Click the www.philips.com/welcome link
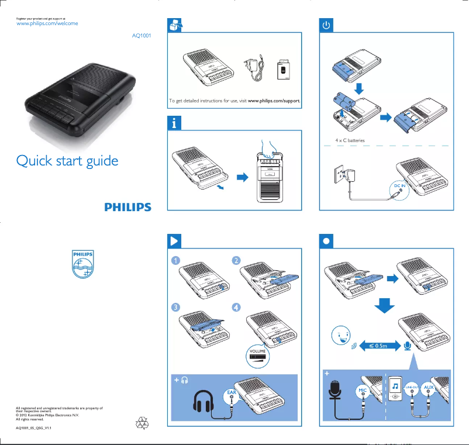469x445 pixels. point(46,23)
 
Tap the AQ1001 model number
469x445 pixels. point(142,36)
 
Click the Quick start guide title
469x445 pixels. point(67,161)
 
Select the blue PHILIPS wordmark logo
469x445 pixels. point(128,207)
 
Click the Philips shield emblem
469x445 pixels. point(82,264)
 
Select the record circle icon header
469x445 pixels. point(326,240)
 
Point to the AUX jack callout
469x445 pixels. point(429,388)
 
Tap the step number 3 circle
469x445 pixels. point(175,307)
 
